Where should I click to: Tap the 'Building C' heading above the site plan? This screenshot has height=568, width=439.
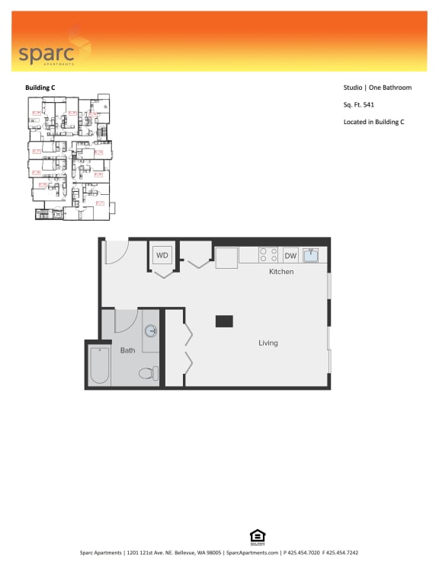click(40, 88)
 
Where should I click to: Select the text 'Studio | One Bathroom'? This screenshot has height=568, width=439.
click(377, 88)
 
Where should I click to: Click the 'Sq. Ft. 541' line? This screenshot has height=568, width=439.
click(359, 104)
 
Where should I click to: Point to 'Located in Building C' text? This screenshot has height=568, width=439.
click(373, 122)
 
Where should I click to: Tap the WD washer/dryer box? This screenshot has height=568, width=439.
click(162, 256)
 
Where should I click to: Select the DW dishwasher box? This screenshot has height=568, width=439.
click(290, 256)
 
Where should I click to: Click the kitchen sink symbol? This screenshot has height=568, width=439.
click(311, 256)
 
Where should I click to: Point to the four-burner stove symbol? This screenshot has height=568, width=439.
click(268, 256)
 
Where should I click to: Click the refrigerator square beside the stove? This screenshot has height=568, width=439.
click(226, 257)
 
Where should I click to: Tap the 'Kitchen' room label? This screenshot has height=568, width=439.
click(281, 272)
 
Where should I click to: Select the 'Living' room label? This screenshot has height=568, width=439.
click(268, 343)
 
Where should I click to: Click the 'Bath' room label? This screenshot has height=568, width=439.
click(127, 351)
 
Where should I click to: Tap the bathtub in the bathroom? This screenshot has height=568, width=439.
click(99, 365)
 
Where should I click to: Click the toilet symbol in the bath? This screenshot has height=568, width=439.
click(150, 373)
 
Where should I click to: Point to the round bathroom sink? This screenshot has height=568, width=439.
click(151, 331)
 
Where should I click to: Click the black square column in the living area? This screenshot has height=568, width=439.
click(224, 321)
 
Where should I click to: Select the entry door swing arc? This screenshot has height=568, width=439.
click(116, 252)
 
